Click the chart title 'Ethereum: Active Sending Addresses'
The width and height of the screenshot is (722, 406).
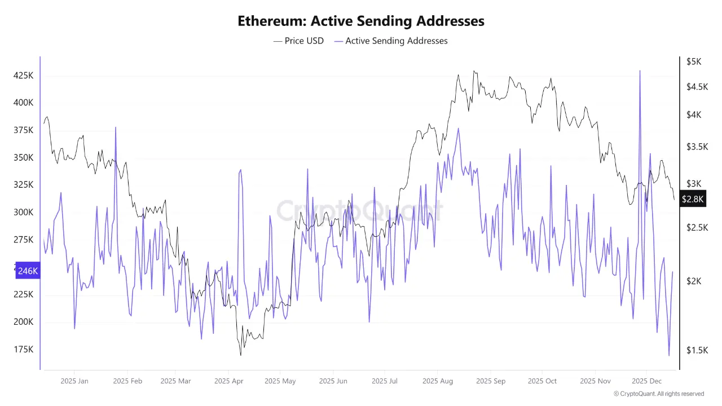tap(360, 21)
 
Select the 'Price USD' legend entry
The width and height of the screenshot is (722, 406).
tap(298, 41)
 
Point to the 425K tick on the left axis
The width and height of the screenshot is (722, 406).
tap(23, 76)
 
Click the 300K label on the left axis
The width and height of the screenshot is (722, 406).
tap(23, 213)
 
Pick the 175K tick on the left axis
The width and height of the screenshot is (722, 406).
tap(23, 350)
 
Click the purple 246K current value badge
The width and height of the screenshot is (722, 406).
tap(28, 271)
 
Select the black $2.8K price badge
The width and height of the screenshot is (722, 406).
tap(692, 199)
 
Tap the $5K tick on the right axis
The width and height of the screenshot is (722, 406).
tap(693, 61)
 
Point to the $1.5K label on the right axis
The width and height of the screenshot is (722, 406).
tap(696, 350)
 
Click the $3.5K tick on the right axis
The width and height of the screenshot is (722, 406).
tap(696, 147)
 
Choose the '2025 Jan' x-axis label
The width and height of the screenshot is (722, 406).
tap(74, 381)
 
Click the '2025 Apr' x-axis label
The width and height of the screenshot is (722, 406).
tap(228, 381)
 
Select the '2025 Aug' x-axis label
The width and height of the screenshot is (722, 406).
tap(438, 381)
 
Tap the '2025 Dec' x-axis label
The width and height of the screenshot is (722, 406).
tap(648, 381)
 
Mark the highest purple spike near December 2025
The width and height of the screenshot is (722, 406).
tap(640, 71)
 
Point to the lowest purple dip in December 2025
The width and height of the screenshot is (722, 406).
tap(669, 355)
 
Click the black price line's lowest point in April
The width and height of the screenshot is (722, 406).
tap(241, 355)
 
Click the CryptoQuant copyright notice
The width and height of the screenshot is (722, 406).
tap(658, 394)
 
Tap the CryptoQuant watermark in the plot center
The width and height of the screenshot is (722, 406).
tap(359, 211)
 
